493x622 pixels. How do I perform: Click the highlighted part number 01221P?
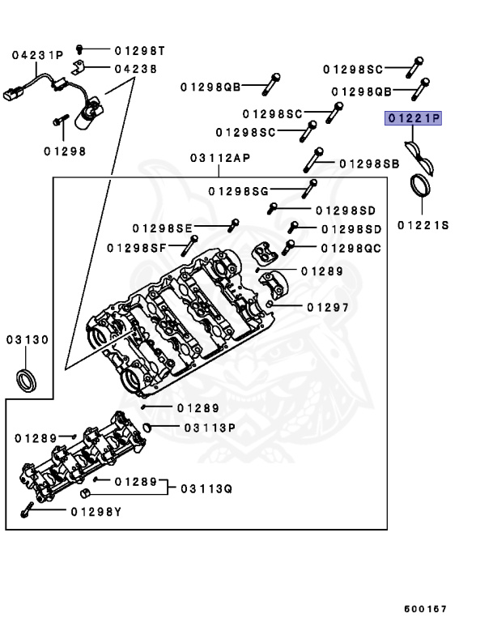414,119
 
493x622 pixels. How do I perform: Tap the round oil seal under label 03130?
25,378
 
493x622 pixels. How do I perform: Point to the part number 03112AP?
219,158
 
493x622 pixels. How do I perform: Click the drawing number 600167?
426,608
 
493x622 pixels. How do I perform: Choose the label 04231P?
37,55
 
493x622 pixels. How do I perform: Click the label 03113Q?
206,488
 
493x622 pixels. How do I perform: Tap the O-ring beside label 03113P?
147,427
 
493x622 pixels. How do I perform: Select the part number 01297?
328,307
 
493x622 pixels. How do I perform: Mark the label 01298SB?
369,164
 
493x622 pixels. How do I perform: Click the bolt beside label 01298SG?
309,190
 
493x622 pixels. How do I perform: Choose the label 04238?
135,70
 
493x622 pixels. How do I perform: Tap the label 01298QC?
351,248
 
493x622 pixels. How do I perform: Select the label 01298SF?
136,246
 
